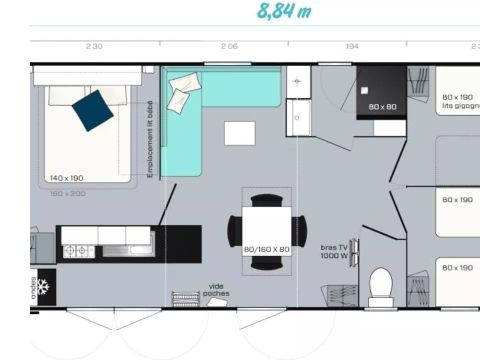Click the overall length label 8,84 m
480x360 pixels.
click(284, 11)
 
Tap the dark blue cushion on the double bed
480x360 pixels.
click(93, 110)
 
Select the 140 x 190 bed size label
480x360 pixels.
click(65, 177)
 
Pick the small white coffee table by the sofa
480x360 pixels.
click(239, 133)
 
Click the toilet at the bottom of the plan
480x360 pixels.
click(380, 287)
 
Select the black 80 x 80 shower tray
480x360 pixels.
click(381, 93)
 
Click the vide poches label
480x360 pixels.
click(215, 290)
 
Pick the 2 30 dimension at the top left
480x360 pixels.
click(94, 47)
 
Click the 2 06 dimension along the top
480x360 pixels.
click(228, 47)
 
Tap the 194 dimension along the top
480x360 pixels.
click(352, 47)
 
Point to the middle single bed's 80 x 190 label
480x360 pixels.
click(457, 199)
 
